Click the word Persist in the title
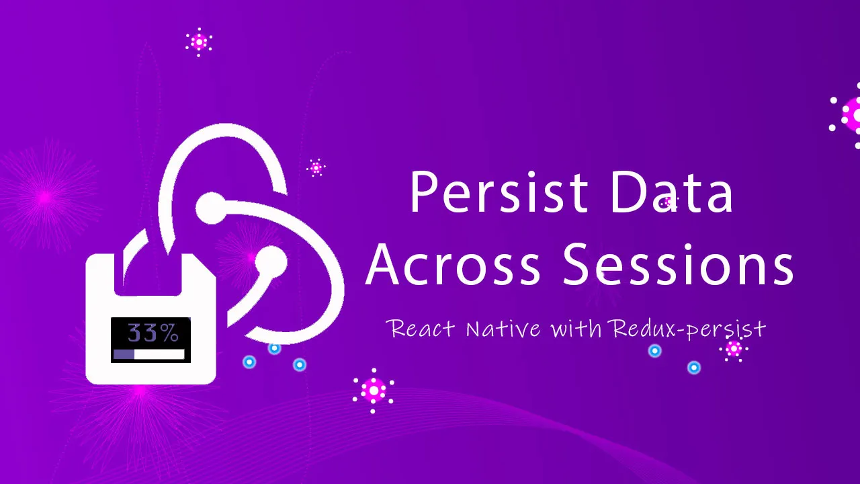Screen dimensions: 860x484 499,192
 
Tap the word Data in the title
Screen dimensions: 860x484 671,192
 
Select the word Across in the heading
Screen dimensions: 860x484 453,264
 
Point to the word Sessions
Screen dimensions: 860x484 679,264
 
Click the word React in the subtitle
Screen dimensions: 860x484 421,329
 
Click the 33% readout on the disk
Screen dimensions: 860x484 153,333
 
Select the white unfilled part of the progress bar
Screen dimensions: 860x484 159,354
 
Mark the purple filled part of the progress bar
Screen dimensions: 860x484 124,354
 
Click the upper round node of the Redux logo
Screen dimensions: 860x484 211,208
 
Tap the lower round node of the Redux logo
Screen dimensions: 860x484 271,262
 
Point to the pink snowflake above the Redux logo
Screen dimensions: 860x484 199,42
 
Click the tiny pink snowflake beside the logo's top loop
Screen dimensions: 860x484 316,167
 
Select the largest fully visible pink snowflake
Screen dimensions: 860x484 374,391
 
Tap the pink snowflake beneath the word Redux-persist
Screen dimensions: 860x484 734,349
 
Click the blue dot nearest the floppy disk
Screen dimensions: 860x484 249,362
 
